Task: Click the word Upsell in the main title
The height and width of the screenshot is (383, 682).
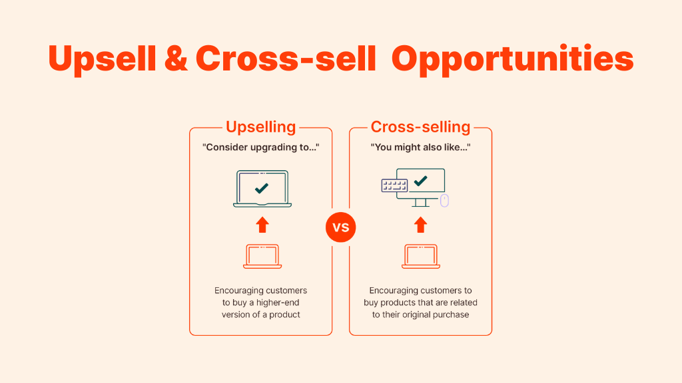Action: (102, 59)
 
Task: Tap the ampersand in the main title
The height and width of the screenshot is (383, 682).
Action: (176, 59)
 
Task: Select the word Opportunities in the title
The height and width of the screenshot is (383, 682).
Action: (512, 59)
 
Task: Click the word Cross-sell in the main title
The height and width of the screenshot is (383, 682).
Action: (286, 59)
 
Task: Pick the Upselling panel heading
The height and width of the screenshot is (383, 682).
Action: (260, 127)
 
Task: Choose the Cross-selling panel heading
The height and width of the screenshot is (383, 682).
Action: (420, 127)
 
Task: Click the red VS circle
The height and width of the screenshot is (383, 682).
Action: (340, 227)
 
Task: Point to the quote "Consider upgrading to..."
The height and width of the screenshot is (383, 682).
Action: (260, 147)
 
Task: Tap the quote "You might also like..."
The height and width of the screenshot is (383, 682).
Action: (420, 147)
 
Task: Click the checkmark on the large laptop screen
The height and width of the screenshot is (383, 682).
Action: (261, 188)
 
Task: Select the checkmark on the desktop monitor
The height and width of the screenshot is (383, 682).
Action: (421, 181)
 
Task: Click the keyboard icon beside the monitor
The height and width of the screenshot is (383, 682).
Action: (394, 186)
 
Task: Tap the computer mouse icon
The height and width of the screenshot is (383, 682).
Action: (444, 201)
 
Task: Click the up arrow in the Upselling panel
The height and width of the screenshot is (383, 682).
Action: (262, 225)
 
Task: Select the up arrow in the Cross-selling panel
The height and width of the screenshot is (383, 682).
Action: (420, 225)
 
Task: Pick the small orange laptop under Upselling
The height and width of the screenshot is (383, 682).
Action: (262, 256)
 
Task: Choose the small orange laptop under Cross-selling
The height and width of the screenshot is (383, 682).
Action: (421, 256)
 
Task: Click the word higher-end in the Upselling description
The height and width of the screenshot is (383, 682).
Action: (278, 303)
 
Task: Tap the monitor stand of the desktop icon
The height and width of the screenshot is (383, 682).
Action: (421, 203)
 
